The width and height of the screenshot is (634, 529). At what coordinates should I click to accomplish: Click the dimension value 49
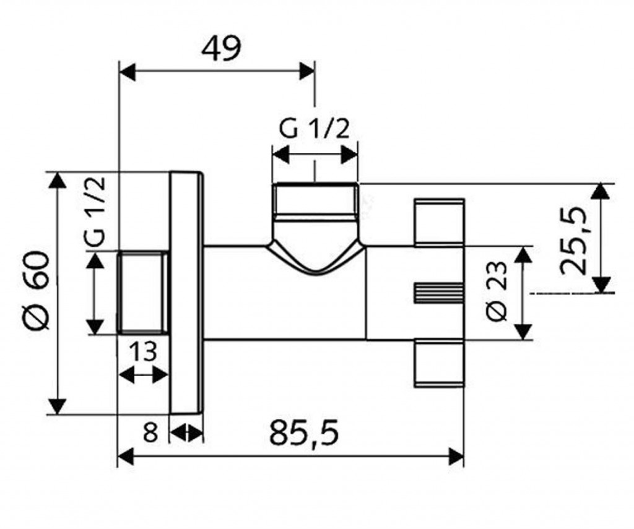click(220, 48)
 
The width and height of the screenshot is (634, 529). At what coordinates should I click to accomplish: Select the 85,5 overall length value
click(304, 432)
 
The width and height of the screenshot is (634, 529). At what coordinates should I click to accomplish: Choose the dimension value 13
click(143, 353)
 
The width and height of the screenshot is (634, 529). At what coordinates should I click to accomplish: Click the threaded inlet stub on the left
click(143, 293)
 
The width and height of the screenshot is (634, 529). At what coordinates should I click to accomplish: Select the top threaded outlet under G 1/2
click(315, 201)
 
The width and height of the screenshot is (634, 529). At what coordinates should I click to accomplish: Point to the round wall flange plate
click(186, 293)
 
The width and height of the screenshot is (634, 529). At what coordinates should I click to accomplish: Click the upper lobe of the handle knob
click(438, 222)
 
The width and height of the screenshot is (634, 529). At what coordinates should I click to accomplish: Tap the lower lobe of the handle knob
click(438, 363)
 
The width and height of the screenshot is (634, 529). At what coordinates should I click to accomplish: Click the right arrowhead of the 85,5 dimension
click(458, 457)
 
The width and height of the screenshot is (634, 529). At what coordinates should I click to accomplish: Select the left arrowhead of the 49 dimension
click(126, 71)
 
